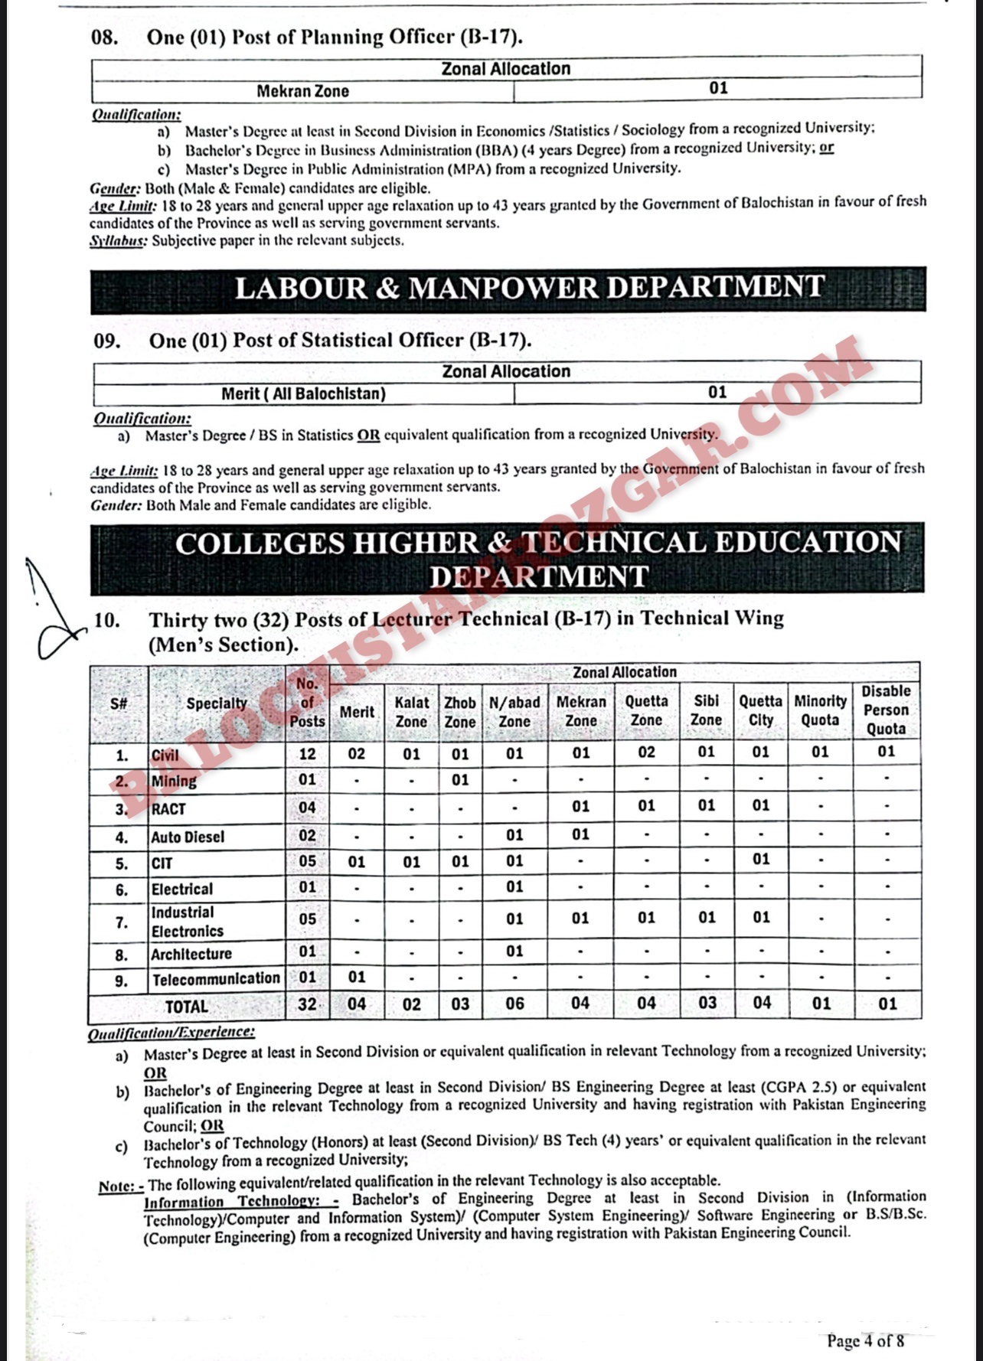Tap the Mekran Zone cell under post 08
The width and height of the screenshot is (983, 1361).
pos(302,91)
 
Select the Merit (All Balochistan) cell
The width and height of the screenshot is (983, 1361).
pos(303,393)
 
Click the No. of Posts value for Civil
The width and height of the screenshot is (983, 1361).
pos(307,753)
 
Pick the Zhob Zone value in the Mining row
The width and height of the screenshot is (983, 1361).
pos(459,780)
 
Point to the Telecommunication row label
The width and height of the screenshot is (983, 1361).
pos(216,979)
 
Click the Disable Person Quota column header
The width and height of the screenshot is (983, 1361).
pos(886,710)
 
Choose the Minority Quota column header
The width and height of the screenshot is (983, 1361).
pos(820,710)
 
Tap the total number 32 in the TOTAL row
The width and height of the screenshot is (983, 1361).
pos(307,1004)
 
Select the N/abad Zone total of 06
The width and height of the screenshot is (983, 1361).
pos(514,1004)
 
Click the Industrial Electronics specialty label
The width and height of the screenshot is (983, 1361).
pos(188,922)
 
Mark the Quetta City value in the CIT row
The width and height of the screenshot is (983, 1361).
pos(760,860)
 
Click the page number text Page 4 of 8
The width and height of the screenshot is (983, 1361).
pos(865,1340)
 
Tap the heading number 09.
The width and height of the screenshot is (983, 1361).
pos(107,341)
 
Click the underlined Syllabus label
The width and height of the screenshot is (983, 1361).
pos(118,241)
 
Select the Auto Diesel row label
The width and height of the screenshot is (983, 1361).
pos(188,837)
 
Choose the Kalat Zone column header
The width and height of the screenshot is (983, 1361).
pos(411,711)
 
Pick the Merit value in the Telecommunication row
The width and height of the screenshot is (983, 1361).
pos(357,978)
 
